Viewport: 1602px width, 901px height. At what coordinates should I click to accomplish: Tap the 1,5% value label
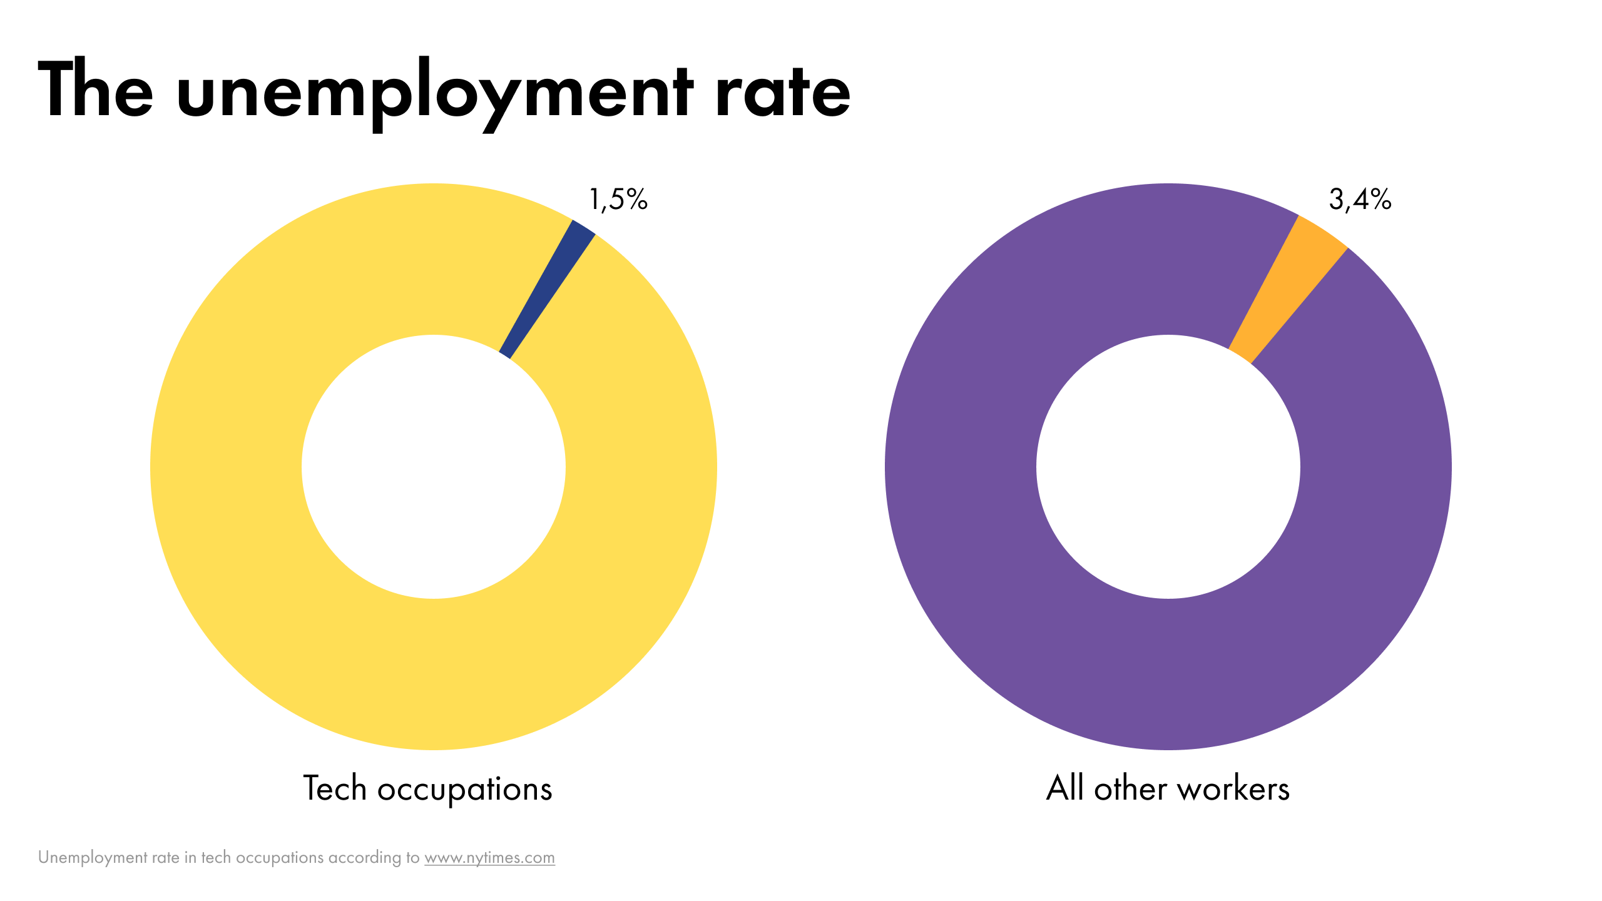(x=618, y=200)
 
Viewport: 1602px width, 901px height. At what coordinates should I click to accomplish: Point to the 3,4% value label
(x=1360, y=200)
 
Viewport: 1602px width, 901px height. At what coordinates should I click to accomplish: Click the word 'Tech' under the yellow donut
(x=334, y=788)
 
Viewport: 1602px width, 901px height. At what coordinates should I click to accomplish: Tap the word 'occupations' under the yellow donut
(x=464, y=790)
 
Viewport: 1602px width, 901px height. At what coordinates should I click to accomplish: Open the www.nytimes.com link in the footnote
(x=489, y=857)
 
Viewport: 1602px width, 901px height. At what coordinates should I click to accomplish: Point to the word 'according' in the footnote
(x=365, y=857)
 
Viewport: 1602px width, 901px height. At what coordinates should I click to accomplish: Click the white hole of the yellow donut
(x=434, y=467)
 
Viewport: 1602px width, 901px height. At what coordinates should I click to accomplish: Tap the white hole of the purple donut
(x=1168, y=467)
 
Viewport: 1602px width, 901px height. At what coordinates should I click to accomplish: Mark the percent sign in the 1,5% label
(x=636, y=200)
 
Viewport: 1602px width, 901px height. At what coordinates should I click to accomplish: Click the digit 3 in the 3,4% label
(x=1335, y=200)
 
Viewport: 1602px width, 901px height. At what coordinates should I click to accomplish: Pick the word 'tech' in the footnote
(x=215, y=857)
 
